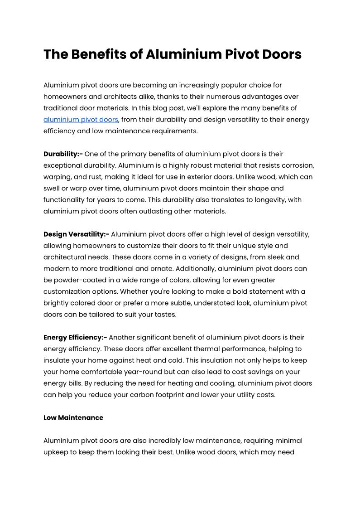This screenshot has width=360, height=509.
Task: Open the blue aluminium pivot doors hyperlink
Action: [x=81, y=120]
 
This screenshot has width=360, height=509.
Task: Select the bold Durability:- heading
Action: [x=63, y=154]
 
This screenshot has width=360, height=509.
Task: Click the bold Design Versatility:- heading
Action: [x=76, y=234]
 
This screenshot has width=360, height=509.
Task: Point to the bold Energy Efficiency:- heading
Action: [x=75, y=337]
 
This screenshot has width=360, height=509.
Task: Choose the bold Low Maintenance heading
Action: [x=73, y=417]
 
